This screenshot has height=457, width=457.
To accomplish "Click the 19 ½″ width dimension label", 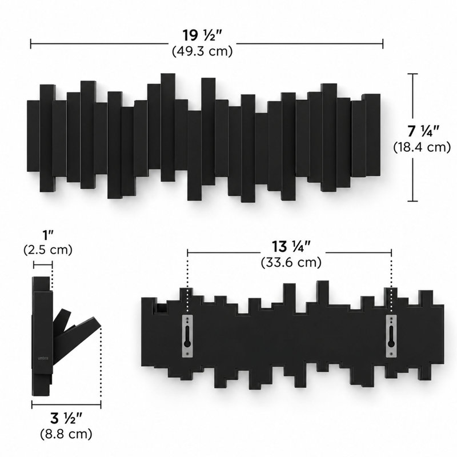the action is click(x=203, y=35).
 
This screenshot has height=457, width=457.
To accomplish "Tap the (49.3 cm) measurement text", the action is click(x=202, y=51).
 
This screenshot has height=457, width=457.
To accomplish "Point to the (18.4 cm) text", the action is click(x=422, y=147).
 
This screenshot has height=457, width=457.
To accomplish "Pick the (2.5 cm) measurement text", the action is click(x=48, y=250).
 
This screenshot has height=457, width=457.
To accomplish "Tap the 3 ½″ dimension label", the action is click(x=66, y=419).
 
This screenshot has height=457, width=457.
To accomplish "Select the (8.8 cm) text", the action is click(x=66, y=434).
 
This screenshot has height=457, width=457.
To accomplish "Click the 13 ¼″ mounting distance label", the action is click(x=291, y=247).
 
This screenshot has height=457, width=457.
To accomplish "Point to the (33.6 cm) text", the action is click(x=291, y=262).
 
